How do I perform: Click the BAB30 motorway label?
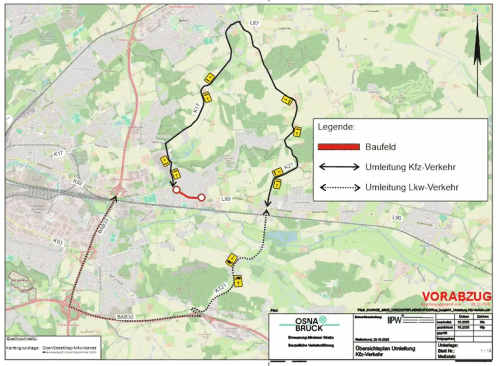click(125, 316)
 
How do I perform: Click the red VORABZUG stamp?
click(456, 296)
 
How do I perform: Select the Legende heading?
click(336, 127)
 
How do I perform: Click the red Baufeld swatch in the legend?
click(338, 147)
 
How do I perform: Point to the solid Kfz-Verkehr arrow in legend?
click(339, 167)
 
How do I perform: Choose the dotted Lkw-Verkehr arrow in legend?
click(339, 187)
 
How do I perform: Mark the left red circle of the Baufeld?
click(176, 190)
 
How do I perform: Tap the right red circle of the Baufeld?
click(201, 198)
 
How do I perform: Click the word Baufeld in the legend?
click(381, 147)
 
